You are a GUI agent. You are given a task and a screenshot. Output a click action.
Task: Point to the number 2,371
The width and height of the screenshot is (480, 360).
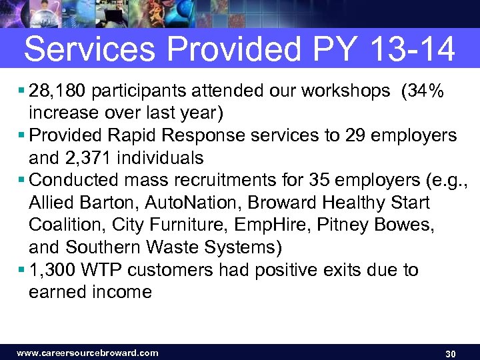pyautogui.click(x=93, y=158)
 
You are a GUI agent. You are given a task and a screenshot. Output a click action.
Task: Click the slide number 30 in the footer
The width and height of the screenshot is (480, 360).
pyautogui.click(x=450, y=353)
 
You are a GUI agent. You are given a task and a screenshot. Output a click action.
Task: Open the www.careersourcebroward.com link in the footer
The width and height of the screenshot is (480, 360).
pyautogui.click(x=87, y=353)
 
